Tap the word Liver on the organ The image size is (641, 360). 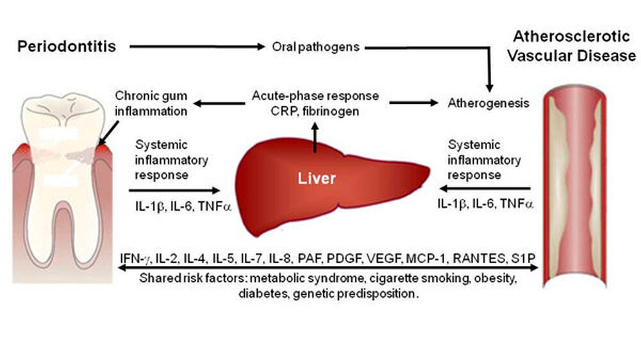point(316,178)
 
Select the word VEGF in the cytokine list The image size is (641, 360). point(383,259)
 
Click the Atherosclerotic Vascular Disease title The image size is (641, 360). point(571,47)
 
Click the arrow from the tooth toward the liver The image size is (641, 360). point(174,190)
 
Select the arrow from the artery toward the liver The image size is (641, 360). point(485,188)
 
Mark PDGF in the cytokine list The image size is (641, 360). point(344,259)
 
